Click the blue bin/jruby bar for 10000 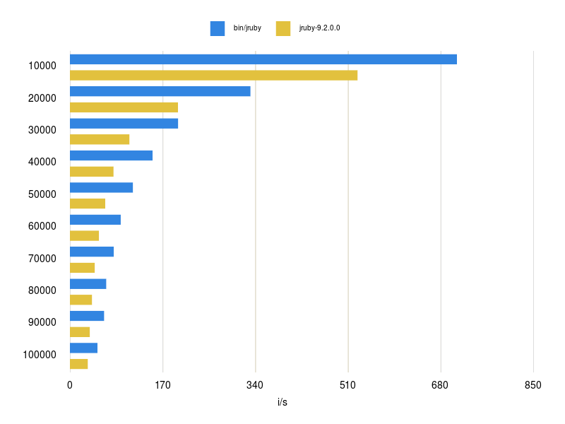[263, 59]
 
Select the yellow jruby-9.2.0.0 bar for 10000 [213, 75]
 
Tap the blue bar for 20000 [160, 91]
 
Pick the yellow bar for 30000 [100, 139]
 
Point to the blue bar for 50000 [101, 187]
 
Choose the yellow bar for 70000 [82, 268]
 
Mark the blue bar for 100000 [83, 348]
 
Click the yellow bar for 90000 [80, 332]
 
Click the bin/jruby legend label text [247, 28]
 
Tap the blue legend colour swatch [218, 28]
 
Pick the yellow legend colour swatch [283, 28]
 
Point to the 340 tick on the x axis [255, 385]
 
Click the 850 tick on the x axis [533, 385]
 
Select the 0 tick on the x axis [70, 385]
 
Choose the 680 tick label [441, 385]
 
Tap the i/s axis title [282, 402]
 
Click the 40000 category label [42, 162]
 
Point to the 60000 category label [42, 226]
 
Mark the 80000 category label [42, 290]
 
